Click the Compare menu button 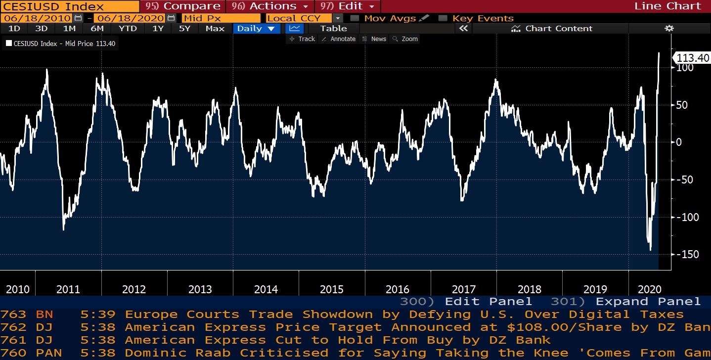183,6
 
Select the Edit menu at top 348,6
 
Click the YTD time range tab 128,28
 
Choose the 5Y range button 184,28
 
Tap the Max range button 215,28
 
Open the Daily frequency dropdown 256,28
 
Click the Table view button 334,28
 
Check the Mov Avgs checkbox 354,18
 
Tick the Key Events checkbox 443,18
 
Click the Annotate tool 338,39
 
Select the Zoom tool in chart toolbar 405,39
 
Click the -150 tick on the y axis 687,254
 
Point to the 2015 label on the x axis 332,289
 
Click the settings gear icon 669,28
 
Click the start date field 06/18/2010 37,18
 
